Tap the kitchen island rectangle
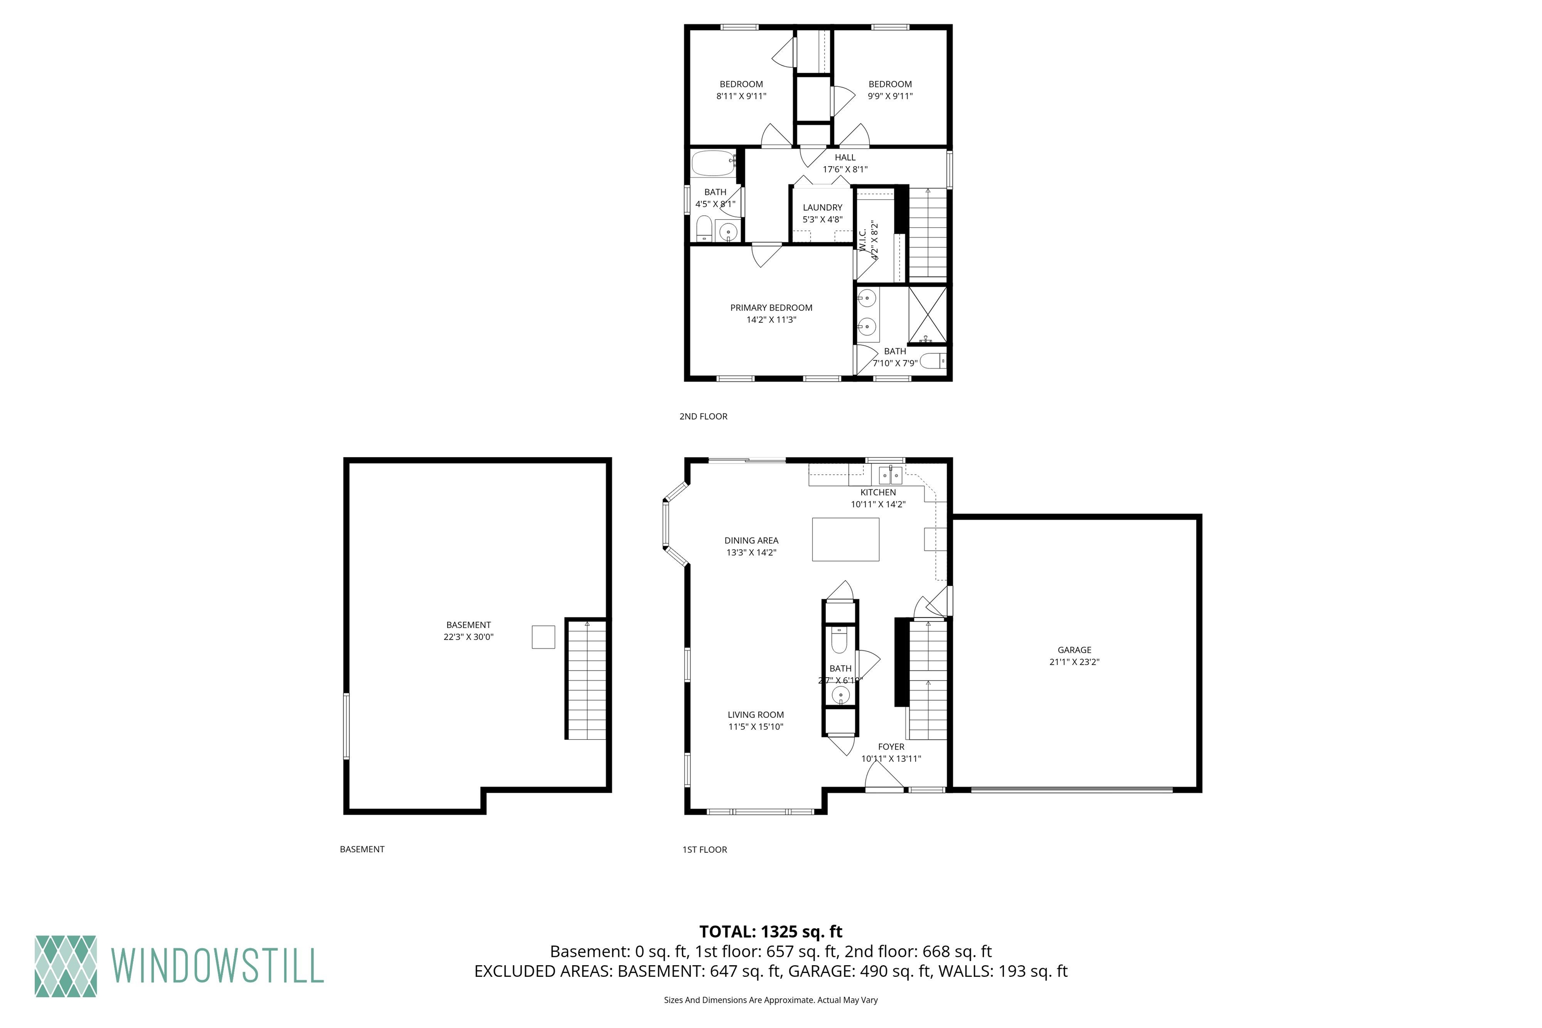point(845,539)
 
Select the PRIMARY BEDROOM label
point(771,308)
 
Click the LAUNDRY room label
point(822,207)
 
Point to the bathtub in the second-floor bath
point(713,163)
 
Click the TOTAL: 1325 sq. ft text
point(770,932)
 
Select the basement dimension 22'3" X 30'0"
point(468,636)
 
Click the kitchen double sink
point(890,474)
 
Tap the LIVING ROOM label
point(755,715)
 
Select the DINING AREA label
point(751,540)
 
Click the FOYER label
point(891,747)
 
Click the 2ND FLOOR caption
point(703,416)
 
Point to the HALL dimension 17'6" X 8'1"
point(845,169)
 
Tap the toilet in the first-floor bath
point(839,640)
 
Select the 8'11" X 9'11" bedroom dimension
point(741,96)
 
